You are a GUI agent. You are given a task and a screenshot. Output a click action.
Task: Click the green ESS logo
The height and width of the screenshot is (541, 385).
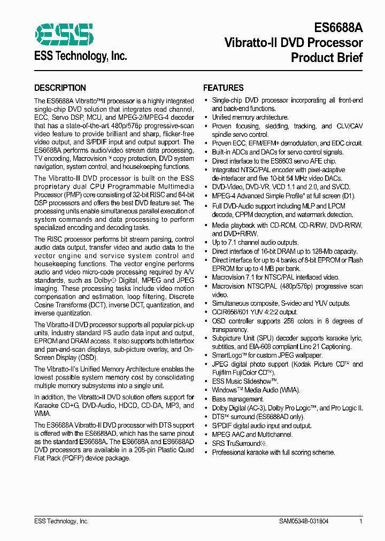64,34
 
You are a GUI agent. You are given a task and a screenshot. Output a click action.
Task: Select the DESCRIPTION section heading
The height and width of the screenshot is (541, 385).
60,88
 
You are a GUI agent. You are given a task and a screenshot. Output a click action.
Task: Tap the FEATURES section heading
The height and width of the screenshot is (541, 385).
223,88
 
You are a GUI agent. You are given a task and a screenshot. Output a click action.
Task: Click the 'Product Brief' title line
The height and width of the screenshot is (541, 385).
327,57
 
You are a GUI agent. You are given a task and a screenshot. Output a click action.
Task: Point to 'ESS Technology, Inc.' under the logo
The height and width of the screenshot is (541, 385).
80,56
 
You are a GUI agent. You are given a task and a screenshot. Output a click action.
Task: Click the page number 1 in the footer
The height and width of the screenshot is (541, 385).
361,521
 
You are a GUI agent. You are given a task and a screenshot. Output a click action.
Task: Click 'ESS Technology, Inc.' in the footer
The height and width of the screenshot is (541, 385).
61,521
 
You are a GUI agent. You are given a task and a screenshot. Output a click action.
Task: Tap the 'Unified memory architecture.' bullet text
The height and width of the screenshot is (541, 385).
250,117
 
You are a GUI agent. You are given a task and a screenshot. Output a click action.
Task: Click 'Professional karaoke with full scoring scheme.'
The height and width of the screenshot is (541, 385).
273,452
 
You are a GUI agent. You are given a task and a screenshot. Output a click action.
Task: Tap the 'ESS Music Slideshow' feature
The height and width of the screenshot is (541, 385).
245,381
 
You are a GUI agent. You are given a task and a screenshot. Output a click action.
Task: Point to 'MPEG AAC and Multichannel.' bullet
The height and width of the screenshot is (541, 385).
252,435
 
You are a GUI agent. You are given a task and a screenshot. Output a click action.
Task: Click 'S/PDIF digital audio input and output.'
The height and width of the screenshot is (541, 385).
261,426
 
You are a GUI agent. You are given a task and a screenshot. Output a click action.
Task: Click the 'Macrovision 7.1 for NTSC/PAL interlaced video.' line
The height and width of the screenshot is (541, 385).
275,277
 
